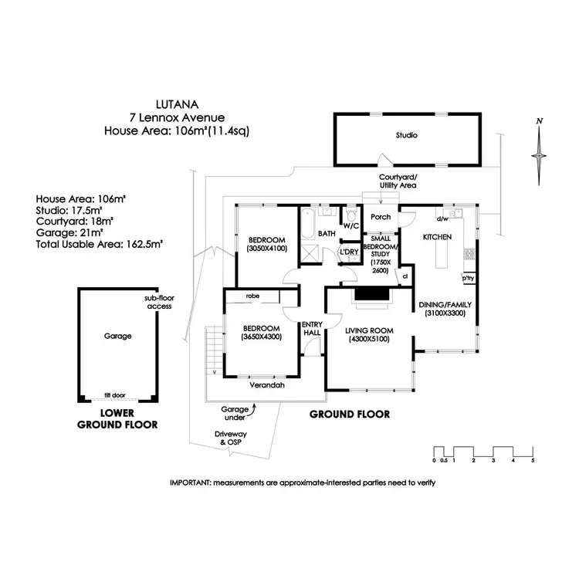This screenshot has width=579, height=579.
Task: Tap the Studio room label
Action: tap(407, 136)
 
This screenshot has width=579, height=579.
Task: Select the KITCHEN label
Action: tap(436, 238)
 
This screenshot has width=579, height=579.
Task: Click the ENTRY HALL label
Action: tap(312, 329)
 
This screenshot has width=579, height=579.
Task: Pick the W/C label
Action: tap(351, 226)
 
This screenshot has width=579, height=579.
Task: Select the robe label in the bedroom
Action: tap(252, 296)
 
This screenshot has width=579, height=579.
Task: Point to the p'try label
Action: tap(468, 277)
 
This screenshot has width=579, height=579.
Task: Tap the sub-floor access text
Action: tap(158, 302)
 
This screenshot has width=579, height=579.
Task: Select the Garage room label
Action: tap(118, 336)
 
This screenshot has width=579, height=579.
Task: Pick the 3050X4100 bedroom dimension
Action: tap(266, 249)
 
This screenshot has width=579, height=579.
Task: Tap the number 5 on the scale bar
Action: tap(533, 461)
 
